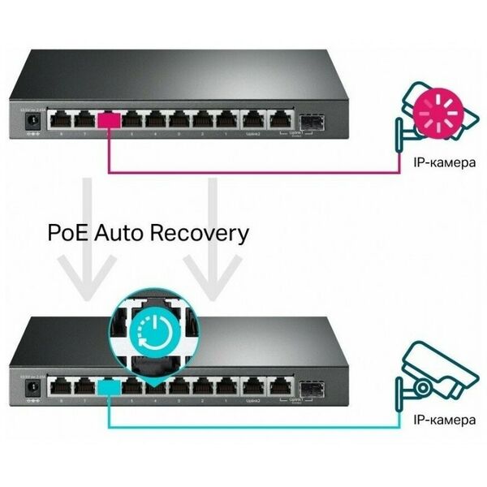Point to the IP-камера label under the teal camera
[442, 420]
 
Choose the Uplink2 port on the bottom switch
[254, 388]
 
